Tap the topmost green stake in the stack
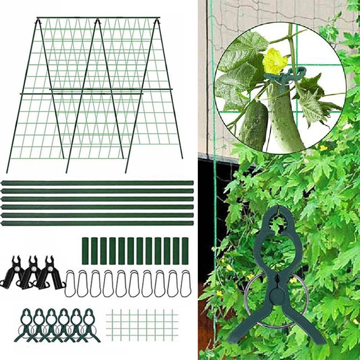pos(97,183)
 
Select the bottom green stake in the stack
pos(97,223)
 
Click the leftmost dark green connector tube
pos(85,251)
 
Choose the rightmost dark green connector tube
pos(185,251)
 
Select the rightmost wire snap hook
pos(186,284)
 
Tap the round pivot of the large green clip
pos(277,295)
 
